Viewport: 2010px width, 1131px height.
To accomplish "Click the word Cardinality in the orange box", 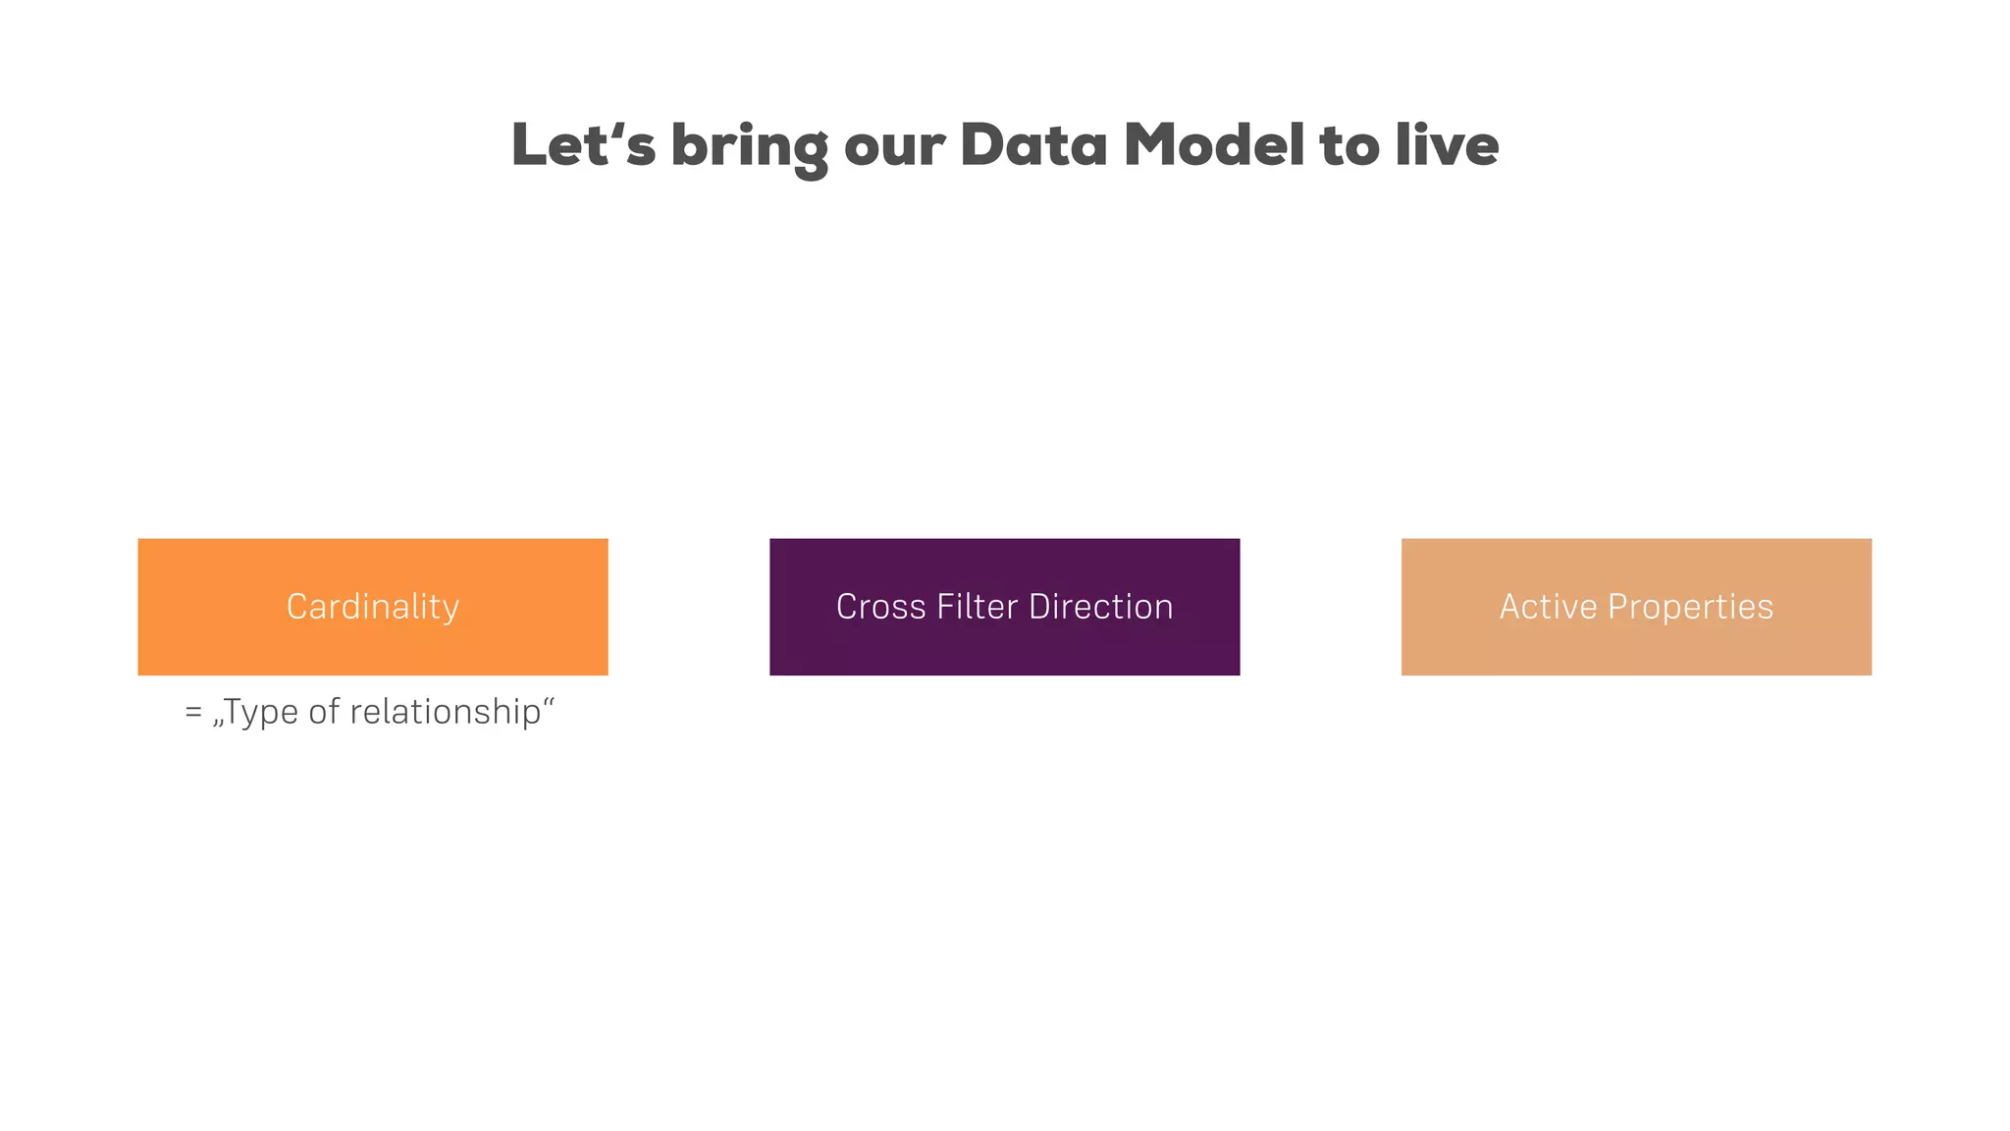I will point(373,607).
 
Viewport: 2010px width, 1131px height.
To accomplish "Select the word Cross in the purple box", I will point(880,607).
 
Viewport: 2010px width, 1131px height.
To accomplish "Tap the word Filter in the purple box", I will point(978,607).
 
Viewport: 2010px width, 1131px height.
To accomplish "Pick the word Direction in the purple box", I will point(1101,607).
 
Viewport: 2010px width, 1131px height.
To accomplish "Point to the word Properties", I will point(1690,607).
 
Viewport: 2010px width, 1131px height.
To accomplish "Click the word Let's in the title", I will point(583,145).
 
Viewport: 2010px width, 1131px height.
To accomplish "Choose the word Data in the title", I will point(1033,145).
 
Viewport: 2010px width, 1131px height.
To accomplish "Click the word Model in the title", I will point(1214,145).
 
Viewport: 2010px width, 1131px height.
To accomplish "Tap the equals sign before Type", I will point(193,713).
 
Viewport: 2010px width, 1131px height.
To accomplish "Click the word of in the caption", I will point(324,712).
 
